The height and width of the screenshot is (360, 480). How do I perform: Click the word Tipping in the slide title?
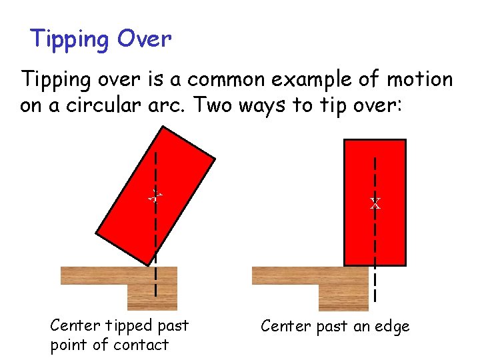(69, 39)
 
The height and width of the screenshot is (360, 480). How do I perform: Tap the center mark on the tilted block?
(155, 196)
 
